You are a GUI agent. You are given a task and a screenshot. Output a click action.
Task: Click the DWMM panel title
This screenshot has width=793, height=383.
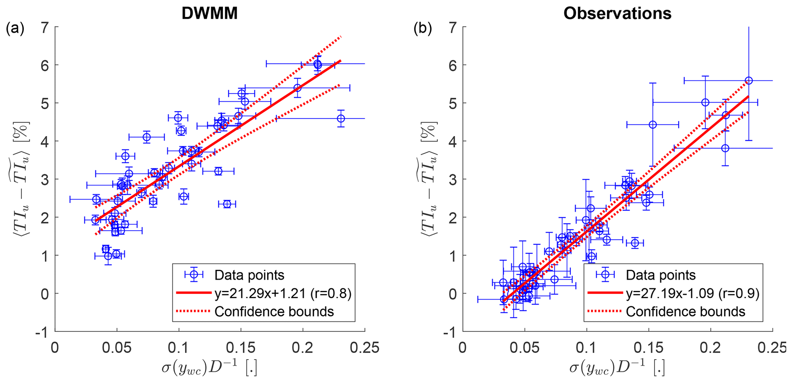(x=209, y=13)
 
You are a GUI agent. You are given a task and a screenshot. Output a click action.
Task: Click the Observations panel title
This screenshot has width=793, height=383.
(x=617, y=13)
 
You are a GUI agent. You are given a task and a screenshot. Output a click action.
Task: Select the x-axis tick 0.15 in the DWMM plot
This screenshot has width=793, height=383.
(x=241, y=348)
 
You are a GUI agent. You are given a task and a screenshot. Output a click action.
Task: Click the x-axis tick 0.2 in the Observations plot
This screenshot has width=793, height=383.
(x=711, y=348)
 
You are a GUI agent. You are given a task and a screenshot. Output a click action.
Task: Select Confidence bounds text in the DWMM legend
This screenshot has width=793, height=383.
(x=274, y=312)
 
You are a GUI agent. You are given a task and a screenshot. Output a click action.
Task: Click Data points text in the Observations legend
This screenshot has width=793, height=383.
(x=661, y=275)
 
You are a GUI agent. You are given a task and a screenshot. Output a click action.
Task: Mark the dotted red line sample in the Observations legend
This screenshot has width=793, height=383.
(x=605, y=312)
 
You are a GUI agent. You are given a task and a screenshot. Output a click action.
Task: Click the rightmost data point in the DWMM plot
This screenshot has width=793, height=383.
(x=341, y=119)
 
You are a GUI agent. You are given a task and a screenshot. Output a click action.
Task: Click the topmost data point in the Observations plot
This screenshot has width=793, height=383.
(x=748, y=81)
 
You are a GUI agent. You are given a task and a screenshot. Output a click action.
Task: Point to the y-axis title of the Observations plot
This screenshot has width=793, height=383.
(x=430, y=178)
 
